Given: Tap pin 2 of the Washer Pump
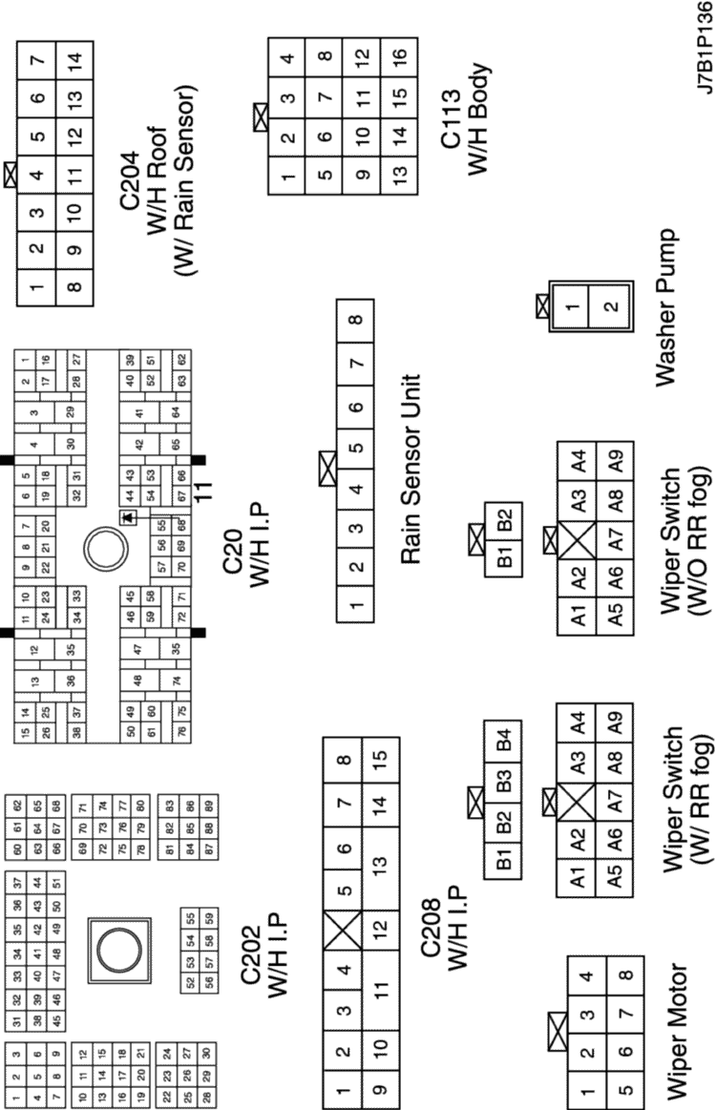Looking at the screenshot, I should coord(609,307).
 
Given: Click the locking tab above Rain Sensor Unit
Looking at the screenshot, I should coord(328,468).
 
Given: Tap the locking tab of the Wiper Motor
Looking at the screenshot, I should coord(555,1030).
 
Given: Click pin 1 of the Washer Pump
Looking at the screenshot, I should coord(571,307).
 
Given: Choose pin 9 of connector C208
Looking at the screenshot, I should coord(381,1085).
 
